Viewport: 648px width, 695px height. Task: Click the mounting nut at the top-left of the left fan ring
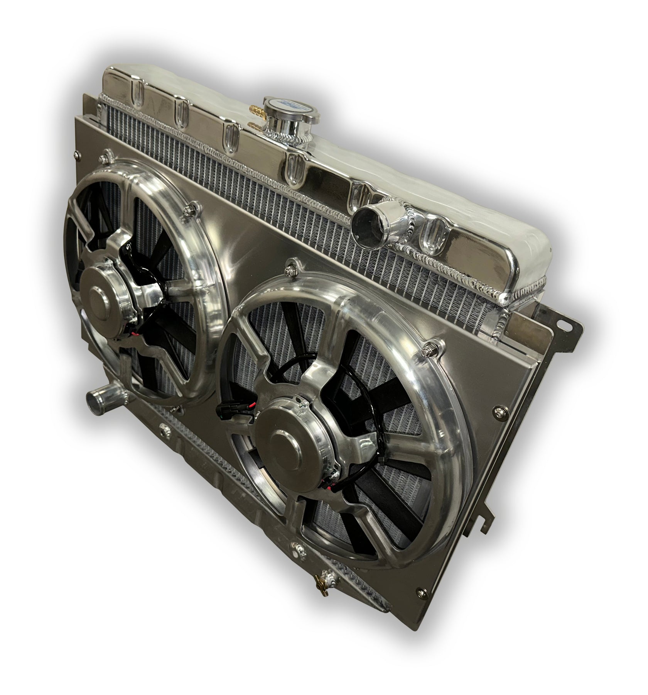[103, 158]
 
